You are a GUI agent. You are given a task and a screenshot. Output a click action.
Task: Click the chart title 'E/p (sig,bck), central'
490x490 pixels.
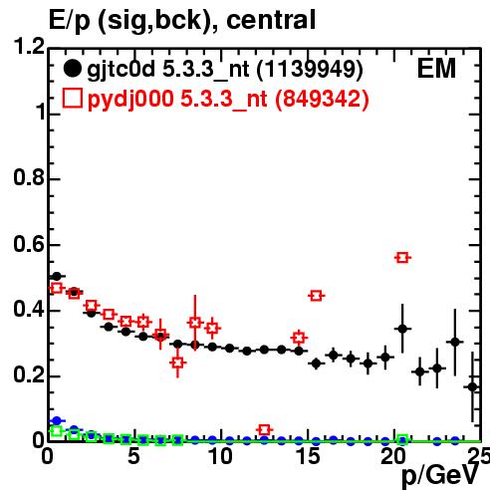(x=182, y=21)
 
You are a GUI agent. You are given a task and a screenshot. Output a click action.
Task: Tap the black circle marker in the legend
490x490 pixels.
(x=72, y=69)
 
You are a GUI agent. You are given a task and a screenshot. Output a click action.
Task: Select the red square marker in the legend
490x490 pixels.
(x=72, y=99)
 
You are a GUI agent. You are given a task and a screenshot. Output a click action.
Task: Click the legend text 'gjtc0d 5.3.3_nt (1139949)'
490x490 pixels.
(x=225, y=70)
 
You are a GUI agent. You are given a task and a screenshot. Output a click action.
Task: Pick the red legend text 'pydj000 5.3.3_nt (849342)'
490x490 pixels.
(x=228, y=100)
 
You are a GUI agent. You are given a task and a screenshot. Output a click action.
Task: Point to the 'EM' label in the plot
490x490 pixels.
(x=436, y=69)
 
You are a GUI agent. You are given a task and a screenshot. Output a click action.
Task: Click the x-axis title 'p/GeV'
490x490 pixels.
(x=440, y=476)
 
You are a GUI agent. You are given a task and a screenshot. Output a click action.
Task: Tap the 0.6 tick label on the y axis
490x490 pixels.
(x=29, y=244)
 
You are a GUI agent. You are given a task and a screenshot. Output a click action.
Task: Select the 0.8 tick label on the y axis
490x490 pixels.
(x=29, y=177)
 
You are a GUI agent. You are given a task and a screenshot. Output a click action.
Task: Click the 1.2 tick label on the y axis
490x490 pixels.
(x=29, y=46)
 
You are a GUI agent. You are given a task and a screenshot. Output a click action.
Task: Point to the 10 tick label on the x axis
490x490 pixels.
(x=220, y=456)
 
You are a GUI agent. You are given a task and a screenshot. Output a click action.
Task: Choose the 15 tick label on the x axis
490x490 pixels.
(x=308, y=456)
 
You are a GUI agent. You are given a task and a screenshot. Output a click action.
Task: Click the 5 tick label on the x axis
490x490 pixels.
(x=133, y=456)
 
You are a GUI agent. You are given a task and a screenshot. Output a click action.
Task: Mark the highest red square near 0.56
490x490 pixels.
(x=402, y=258)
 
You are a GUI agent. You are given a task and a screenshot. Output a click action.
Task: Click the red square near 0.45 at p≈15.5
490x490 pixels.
(x=316, y=296)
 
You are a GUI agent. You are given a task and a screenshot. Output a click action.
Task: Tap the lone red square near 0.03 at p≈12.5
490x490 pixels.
(x=264, y=430)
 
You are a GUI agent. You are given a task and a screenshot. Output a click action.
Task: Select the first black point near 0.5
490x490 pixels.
(x=57, y=276)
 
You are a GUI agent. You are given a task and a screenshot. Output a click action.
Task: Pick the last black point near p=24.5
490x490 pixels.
(x=472, y=387)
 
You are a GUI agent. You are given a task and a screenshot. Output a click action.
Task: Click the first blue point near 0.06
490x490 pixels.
(x=57, y=421)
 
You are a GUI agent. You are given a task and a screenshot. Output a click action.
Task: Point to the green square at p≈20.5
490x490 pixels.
(x=402, y=439)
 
